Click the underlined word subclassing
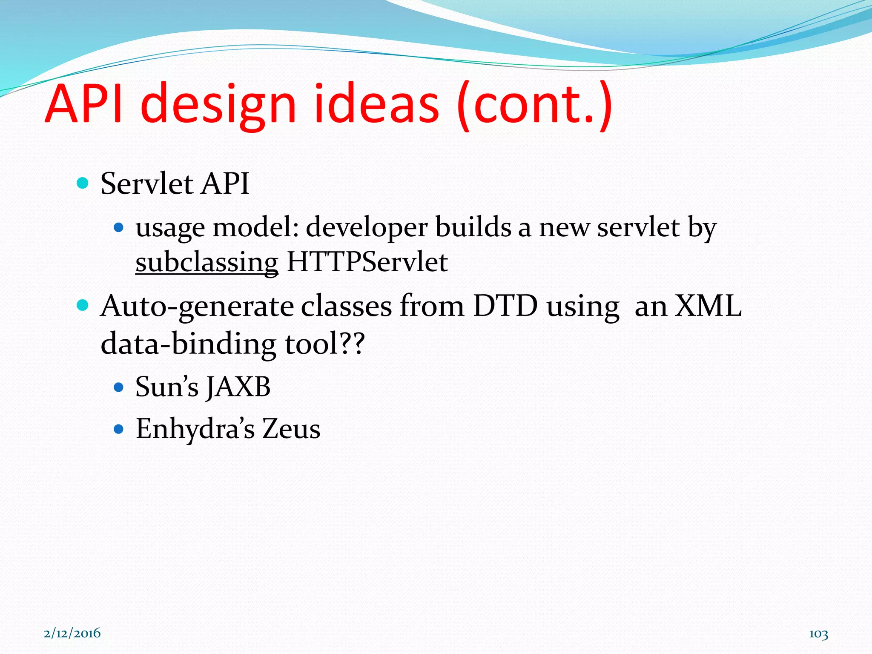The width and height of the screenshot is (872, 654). point(207,262)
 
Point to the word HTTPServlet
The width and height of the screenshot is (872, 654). point(367,262)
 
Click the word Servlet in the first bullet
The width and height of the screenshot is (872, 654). point(147,184)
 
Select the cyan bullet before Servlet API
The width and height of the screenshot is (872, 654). point(83,184)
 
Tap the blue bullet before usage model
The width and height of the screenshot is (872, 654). point(119,228)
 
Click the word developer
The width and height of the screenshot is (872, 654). point(367,228)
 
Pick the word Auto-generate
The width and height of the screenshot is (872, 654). point(197,306)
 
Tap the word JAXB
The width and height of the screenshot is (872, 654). point(238,387)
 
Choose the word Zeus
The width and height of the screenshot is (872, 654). point(291,429)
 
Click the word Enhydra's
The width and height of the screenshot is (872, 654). point(195,429)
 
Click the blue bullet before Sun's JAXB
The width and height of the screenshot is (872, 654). point(119,387)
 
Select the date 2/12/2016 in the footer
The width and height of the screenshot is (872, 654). point(72,633)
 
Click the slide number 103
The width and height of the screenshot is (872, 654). point(818,634)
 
